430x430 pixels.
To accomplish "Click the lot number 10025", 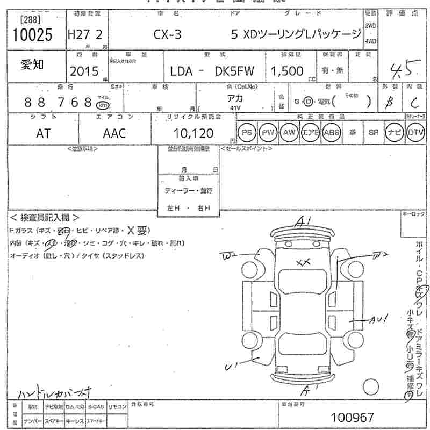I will pos(33,35).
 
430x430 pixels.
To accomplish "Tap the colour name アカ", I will pos(235,98).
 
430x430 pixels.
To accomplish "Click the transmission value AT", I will pos(44,133).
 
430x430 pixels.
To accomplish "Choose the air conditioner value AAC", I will pos(114,133).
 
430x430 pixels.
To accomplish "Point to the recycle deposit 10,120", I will pos(193,133).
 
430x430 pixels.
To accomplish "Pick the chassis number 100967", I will pos(353,417).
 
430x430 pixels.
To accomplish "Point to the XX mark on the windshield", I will pos(304,262).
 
